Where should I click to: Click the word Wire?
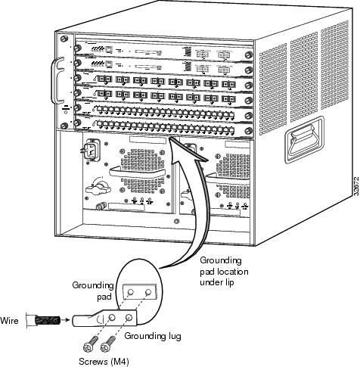tap(9, 321)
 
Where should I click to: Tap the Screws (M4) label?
tap(104, 362)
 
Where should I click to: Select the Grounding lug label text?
tap(153, 336)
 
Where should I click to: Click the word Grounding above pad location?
tap(221, 260)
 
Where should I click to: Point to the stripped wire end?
tap(48, 320)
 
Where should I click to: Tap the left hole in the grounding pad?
tap(130, 292)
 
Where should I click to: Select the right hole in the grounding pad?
tap(148, 292)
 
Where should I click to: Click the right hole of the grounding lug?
tap(129, 317)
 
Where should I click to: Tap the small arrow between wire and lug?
tap(66, 320)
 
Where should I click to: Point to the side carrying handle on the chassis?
tap(304, 139)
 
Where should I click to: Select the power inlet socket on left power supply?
tap(90, 150)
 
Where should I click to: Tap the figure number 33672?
tap(356, 185)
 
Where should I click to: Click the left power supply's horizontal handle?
tap(138, 173)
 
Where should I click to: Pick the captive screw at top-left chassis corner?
tap(64, 39)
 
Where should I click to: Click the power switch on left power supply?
tap(98, 187)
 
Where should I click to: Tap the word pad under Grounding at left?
tap(104, 297)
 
